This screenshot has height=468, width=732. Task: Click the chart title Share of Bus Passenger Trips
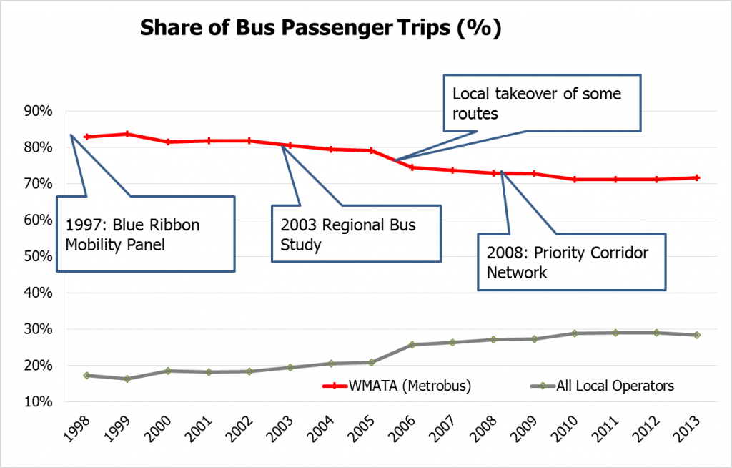tap(320, 29)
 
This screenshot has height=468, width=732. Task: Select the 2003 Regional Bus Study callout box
tap(356, 234)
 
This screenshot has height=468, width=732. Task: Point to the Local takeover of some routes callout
tap(541, 102)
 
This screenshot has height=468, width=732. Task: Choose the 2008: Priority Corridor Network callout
tap(571, 263)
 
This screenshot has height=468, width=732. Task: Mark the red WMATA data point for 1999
tap(127, 134)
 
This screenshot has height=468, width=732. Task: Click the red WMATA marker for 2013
tap(696, 177)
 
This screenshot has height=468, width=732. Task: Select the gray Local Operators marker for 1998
tap(86, 375)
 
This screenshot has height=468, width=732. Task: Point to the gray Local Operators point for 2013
tap(696, 335)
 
